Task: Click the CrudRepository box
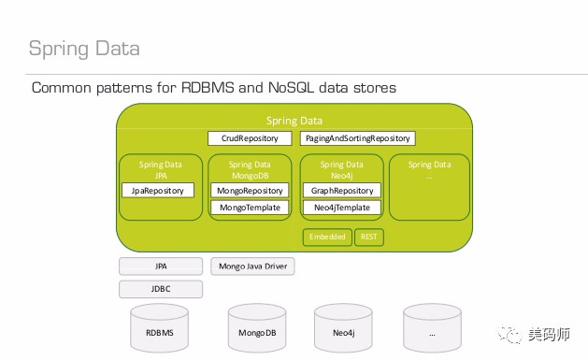click(x=250, y=138)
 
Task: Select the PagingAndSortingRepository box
click(x=356, y=138)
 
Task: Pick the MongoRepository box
click(x=250, y=190)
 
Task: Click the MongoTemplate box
click(x=250, y=208)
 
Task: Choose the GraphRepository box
click(x=341, y=190)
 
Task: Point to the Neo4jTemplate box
click(x=341, y=208)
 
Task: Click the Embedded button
click(x=326, y=237)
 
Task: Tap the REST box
click(x=368, y=237)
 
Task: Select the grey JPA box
click(x=161, y=266)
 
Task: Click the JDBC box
click(x=161, y=289)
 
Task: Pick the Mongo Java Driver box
click(x=252, y=266)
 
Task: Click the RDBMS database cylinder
click(x=160, y=330)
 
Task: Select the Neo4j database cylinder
click(x=343, y=330)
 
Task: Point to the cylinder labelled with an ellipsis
click(x=432, y=330)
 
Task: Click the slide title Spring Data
click(x=83, y=48)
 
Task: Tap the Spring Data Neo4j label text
click(x=341, y=169)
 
